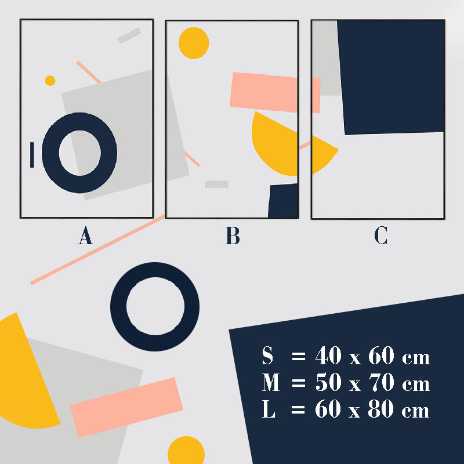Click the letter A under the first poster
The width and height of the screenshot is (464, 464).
tap(85, 235)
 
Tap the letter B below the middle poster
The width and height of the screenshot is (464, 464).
tap(233, 235)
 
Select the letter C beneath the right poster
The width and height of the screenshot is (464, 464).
tap(381, 235)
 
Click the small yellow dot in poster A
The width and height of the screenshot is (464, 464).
tap(50, 81)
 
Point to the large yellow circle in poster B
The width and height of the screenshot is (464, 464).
tap(194, 43)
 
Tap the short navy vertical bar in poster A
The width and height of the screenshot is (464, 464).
tap(32, 155)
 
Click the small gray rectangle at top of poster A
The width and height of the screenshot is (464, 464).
tap(129, 35)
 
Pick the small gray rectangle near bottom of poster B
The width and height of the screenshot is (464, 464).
tap(216, 184)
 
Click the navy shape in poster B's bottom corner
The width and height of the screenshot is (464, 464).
tap(283, 201)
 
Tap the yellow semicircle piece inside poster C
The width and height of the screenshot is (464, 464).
tap(322, 154)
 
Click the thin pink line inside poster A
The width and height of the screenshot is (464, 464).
tap(89, 72)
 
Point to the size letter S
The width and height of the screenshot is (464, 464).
tap(267, 355)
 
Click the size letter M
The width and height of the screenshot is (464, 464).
tap(271, 382)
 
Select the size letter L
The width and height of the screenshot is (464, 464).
tap(269, 409)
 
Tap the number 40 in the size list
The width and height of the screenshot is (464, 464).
tap(328, 355)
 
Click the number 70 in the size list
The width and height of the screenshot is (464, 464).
tap(382, 382)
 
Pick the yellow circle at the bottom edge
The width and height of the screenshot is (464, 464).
tap(186, 450)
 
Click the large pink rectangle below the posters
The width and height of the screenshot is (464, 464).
tap(126, 408)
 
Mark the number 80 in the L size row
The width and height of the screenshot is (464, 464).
tap(381, 409)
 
